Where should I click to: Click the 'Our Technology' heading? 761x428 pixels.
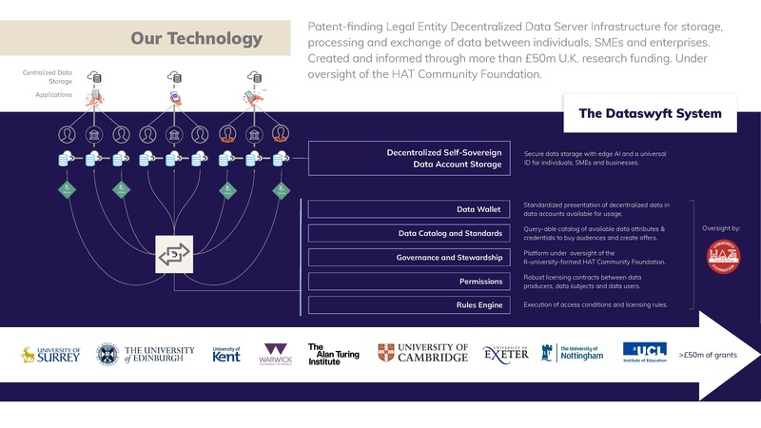pyautogui.click(x=196, y=39)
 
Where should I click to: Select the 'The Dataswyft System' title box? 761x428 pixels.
pyautogui.click(x=650, y=114)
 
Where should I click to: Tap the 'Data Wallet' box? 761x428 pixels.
pyautogui.click(x=409, y=209)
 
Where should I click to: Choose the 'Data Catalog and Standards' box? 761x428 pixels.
pyautogui.click(x=409, y=233)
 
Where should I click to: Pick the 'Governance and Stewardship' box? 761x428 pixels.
pyautogui.click(x=409, y=257)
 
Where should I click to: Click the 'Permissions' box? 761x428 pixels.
pyautogui.click(x=409, y=282)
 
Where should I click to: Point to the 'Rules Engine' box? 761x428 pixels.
pyautogui.click(x=409, y=304)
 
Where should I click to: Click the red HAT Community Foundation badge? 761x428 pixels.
pyautogui.click(x=725, y=257)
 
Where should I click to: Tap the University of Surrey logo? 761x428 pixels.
pyautogui.click(x=50, y=355)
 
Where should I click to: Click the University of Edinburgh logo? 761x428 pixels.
pyautogui.click(x=145, y=355)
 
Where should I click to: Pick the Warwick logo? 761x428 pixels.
pyautogui.click(x=278, y=355)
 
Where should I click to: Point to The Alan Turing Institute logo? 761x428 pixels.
pyautogui.click(x=333, y=354)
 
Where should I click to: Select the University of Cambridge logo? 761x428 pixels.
pyautogui.click(x=422, y=354)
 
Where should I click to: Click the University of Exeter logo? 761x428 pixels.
pyautogui.click(x=505, y=355)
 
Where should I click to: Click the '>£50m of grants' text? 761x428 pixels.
pyautogui.click(x=708, y=355)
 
